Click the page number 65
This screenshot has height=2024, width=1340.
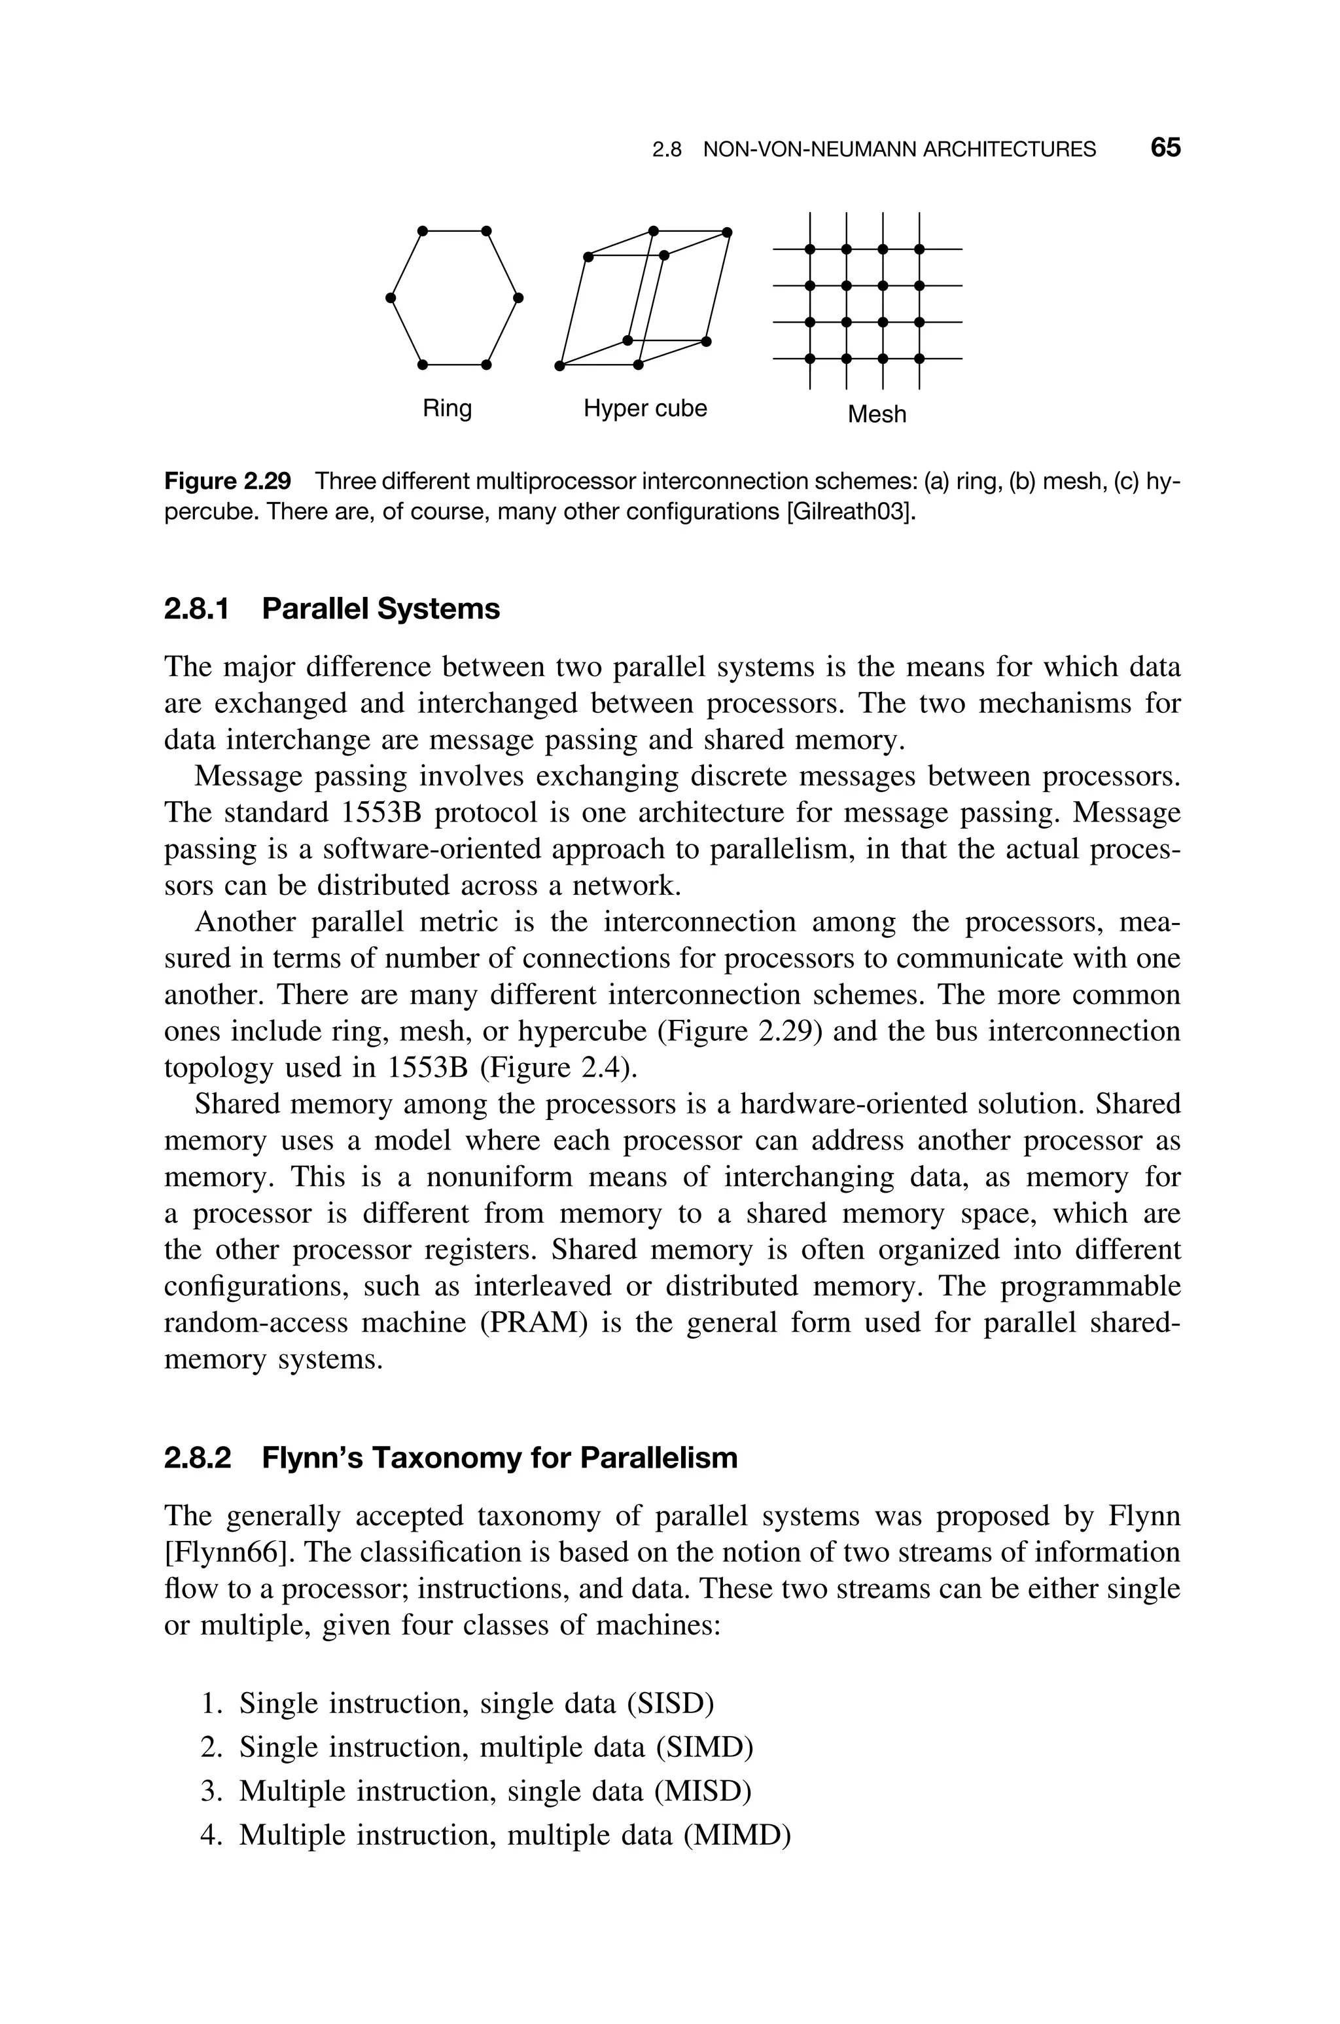pyautogui.click(x=1165, y=148)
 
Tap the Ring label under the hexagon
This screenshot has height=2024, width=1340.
pyautogui.click(x=447, y=408)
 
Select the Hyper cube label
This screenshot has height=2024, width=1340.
pyautogui.click(x=645, y=408)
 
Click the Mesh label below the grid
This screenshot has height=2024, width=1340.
pyautogui.click(x=877, y=414)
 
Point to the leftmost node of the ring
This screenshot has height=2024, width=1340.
pyautogui.click(x=390, y=297)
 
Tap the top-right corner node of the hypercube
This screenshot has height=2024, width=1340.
pyautogui.click(x=728, y=232)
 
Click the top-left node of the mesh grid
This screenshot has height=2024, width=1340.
pyautogui.click(x=809, y=249)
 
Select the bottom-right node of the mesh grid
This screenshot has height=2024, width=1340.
pyautogui.click(x=919, y=358)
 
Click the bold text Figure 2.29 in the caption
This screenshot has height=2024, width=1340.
pyautogui.click(x=227, y=481)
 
